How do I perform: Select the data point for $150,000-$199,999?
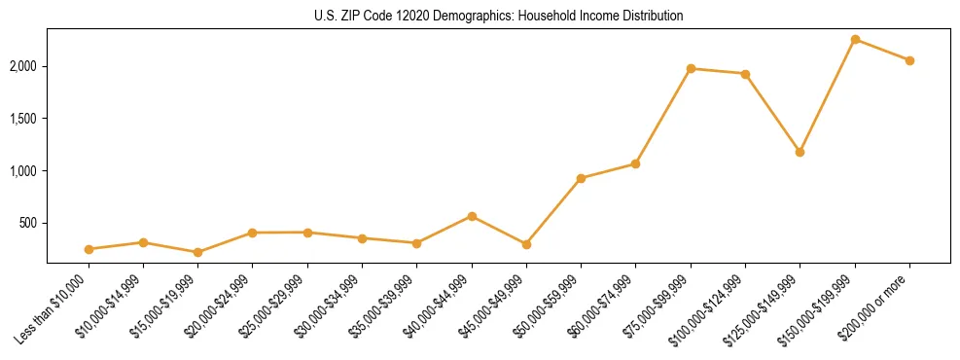(x=855, y=40)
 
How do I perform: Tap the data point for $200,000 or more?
(x=909, y=60)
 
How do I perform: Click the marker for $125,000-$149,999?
(x=800, y=152)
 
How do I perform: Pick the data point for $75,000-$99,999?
(x=691, y=68)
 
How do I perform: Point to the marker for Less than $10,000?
(x=89, y=249)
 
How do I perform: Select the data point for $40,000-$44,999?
(x=472, y=216)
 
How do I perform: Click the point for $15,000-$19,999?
(x=197, y=252)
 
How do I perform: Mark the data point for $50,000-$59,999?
(x=581, y=178)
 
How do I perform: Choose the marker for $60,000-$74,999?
(x=635, y=163)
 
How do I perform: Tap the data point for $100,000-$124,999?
(x=745, y=74)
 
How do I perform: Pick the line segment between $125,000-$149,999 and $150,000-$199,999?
(x=827, y=96)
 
